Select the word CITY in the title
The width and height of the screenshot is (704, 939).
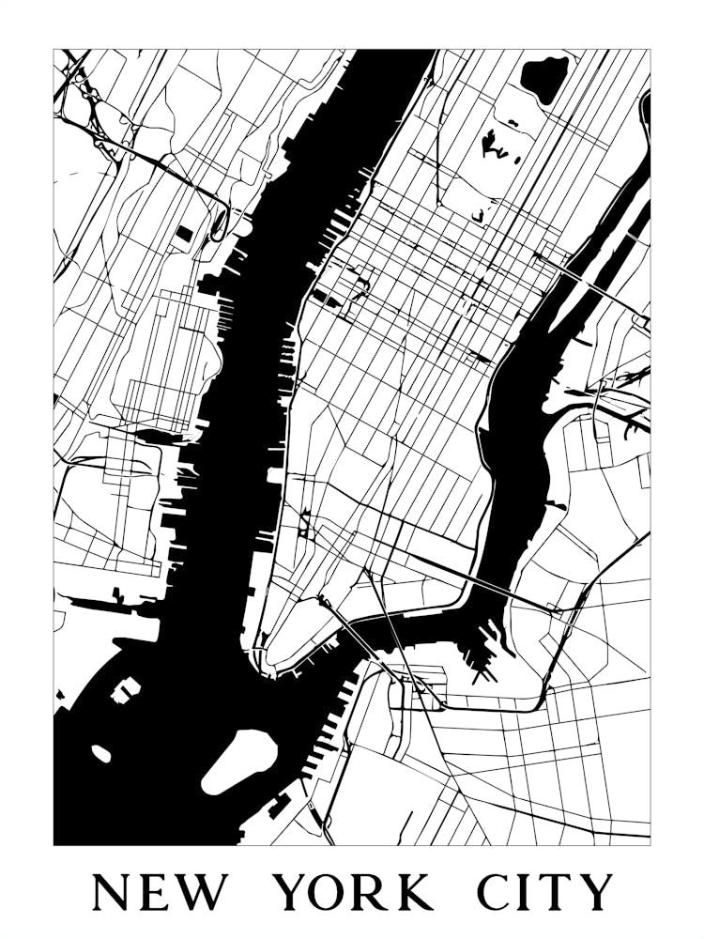click(544, 892)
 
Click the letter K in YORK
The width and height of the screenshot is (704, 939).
click(413, 892)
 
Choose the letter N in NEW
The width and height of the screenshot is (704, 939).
click(111, 892)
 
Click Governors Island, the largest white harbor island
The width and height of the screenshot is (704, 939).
click(240, 759)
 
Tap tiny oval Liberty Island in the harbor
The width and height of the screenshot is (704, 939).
click(101, 753)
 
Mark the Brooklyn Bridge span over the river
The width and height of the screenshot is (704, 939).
click(357, 639)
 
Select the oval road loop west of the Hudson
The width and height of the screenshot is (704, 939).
click(219, 225)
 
